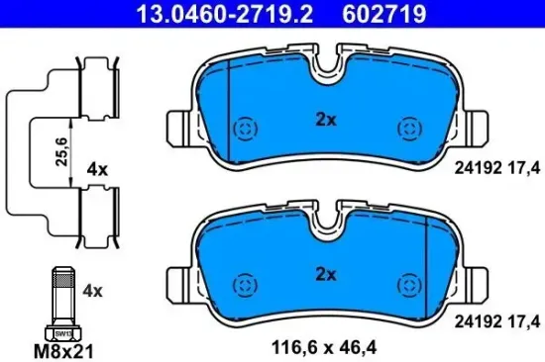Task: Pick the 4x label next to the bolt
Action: (x=93, y=292)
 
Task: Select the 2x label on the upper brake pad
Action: (x=326, y=120)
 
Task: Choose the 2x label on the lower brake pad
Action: (x=326, y=273)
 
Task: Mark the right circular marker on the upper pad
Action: (x=408, y=130)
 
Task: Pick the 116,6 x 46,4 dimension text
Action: (x=326, y=346)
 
